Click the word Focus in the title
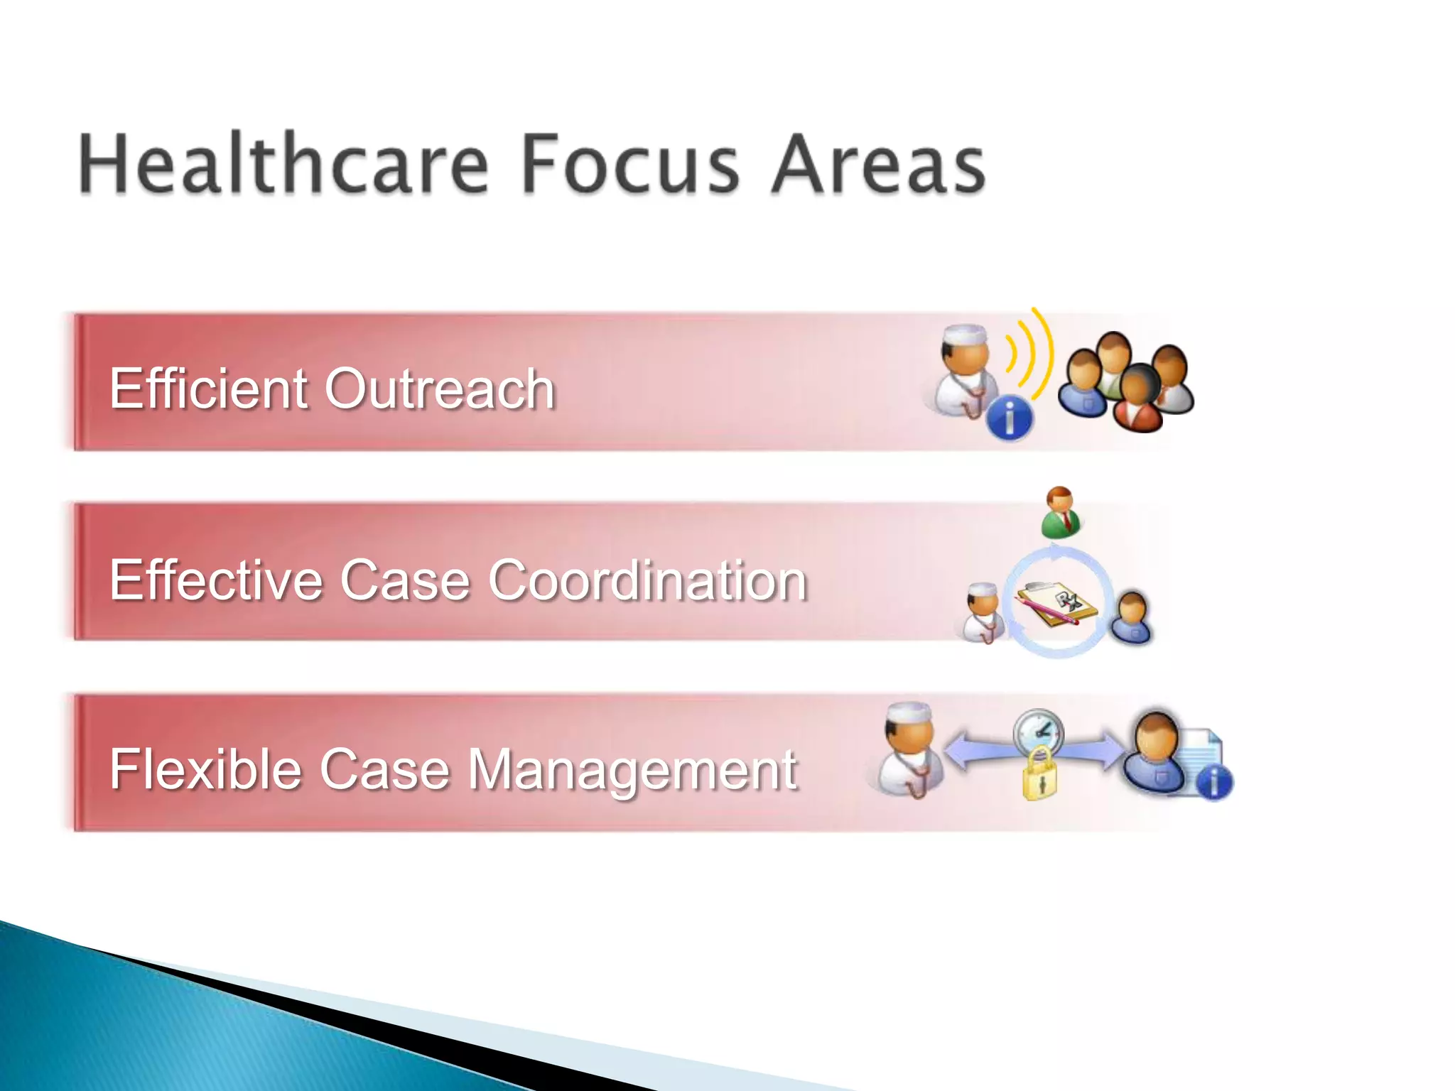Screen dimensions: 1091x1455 tap(630, 164)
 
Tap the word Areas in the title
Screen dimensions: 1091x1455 tap(879, 164)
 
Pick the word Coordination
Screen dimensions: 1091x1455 tap(647, 580)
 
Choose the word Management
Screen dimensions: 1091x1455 tap(632, 771)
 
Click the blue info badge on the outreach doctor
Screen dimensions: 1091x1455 tap(1010, 418)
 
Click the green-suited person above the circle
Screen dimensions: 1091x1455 tap(1061, 512)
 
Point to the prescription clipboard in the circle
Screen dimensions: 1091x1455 tap(1056, 604)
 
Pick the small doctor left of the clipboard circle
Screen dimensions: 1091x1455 tap(984, 612)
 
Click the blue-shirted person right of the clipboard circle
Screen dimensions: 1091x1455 tap(1132, 617)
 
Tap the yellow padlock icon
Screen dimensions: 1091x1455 tap(1039, 774)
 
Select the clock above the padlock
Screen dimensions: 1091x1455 tap(1038, 732)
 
